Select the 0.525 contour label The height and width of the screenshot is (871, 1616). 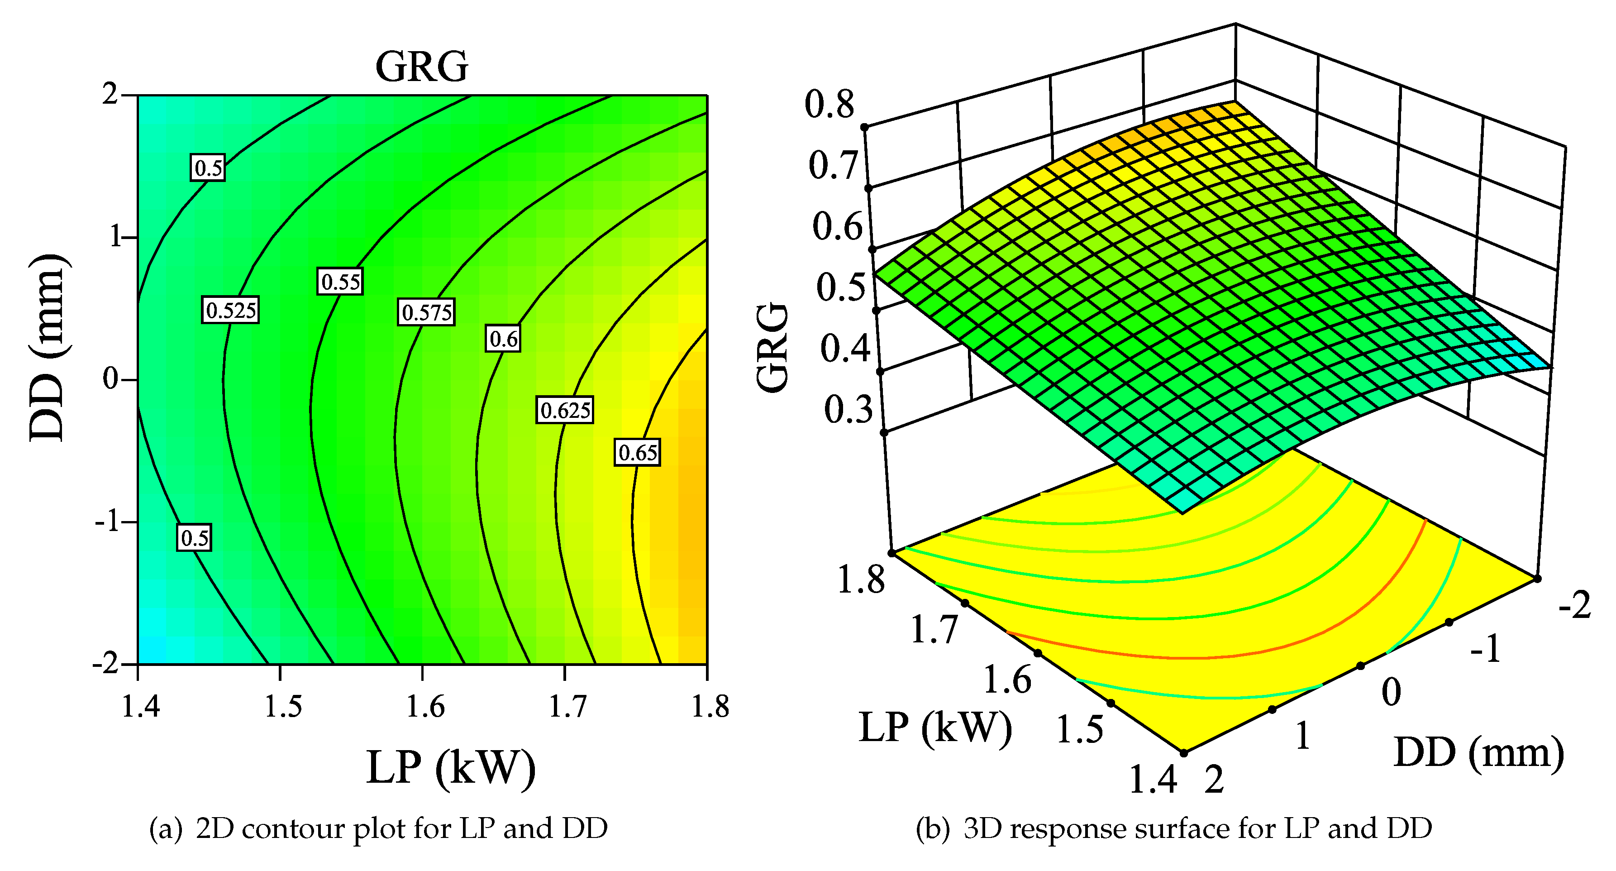point(230,310)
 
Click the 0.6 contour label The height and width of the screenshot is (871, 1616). point(503,339)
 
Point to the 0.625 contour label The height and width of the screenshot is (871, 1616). point(565,411)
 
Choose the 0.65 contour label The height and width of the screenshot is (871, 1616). point(637,452)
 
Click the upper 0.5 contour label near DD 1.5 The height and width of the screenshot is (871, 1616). point(208,167)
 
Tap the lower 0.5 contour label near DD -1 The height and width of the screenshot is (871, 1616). point(195,538)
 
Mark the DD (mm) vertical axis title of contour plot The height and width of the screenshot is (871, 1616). point(48,348)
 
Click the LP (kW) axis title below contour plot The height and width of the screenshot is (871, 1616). point(450,767)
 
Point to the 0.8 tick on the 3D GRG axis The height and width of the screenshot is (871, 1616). point(829,104)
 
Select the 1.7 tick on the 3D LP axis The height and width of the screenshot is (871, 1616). point(934,629)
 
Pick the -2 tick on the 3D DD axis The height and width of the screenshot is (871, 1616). point(1575,606)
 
